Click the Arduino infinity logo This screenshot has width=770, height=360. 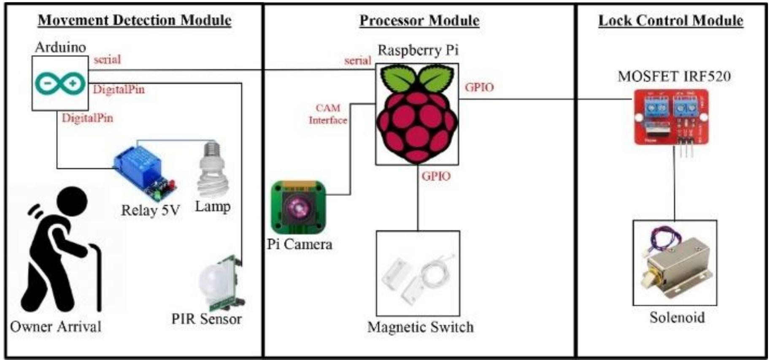[x=60, y=84]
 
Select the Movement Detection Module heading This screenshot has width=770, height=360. [x=135, y=20]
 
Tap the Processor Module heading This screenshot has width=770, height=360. [x=419, y=21]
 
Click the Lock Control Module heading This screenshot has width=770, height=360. [x=670, y=21]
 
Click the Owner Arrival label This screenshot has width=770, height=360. [x=56, y=326]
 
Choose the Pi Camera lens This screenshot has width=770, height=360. [x=298, y=207]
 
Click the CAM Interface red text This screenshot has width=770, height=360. [x=328, y=114]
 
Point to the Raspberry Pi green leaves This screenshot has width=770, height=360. [x=417, y=78]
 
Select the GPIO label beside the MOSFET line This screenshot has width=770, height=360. [x=479, y=87]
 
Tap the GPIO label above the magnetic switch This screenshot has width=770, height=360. [x=436, y=176]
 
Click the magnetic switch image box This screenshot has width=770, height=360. [x=418, y=273]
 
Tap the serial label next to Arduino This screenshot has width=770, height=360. [x=107, y=60]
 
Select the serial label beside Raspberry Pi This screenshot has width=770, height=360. [x=357, y=61]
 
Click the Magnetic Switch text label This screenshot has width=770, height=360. [x=420, y=327]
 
